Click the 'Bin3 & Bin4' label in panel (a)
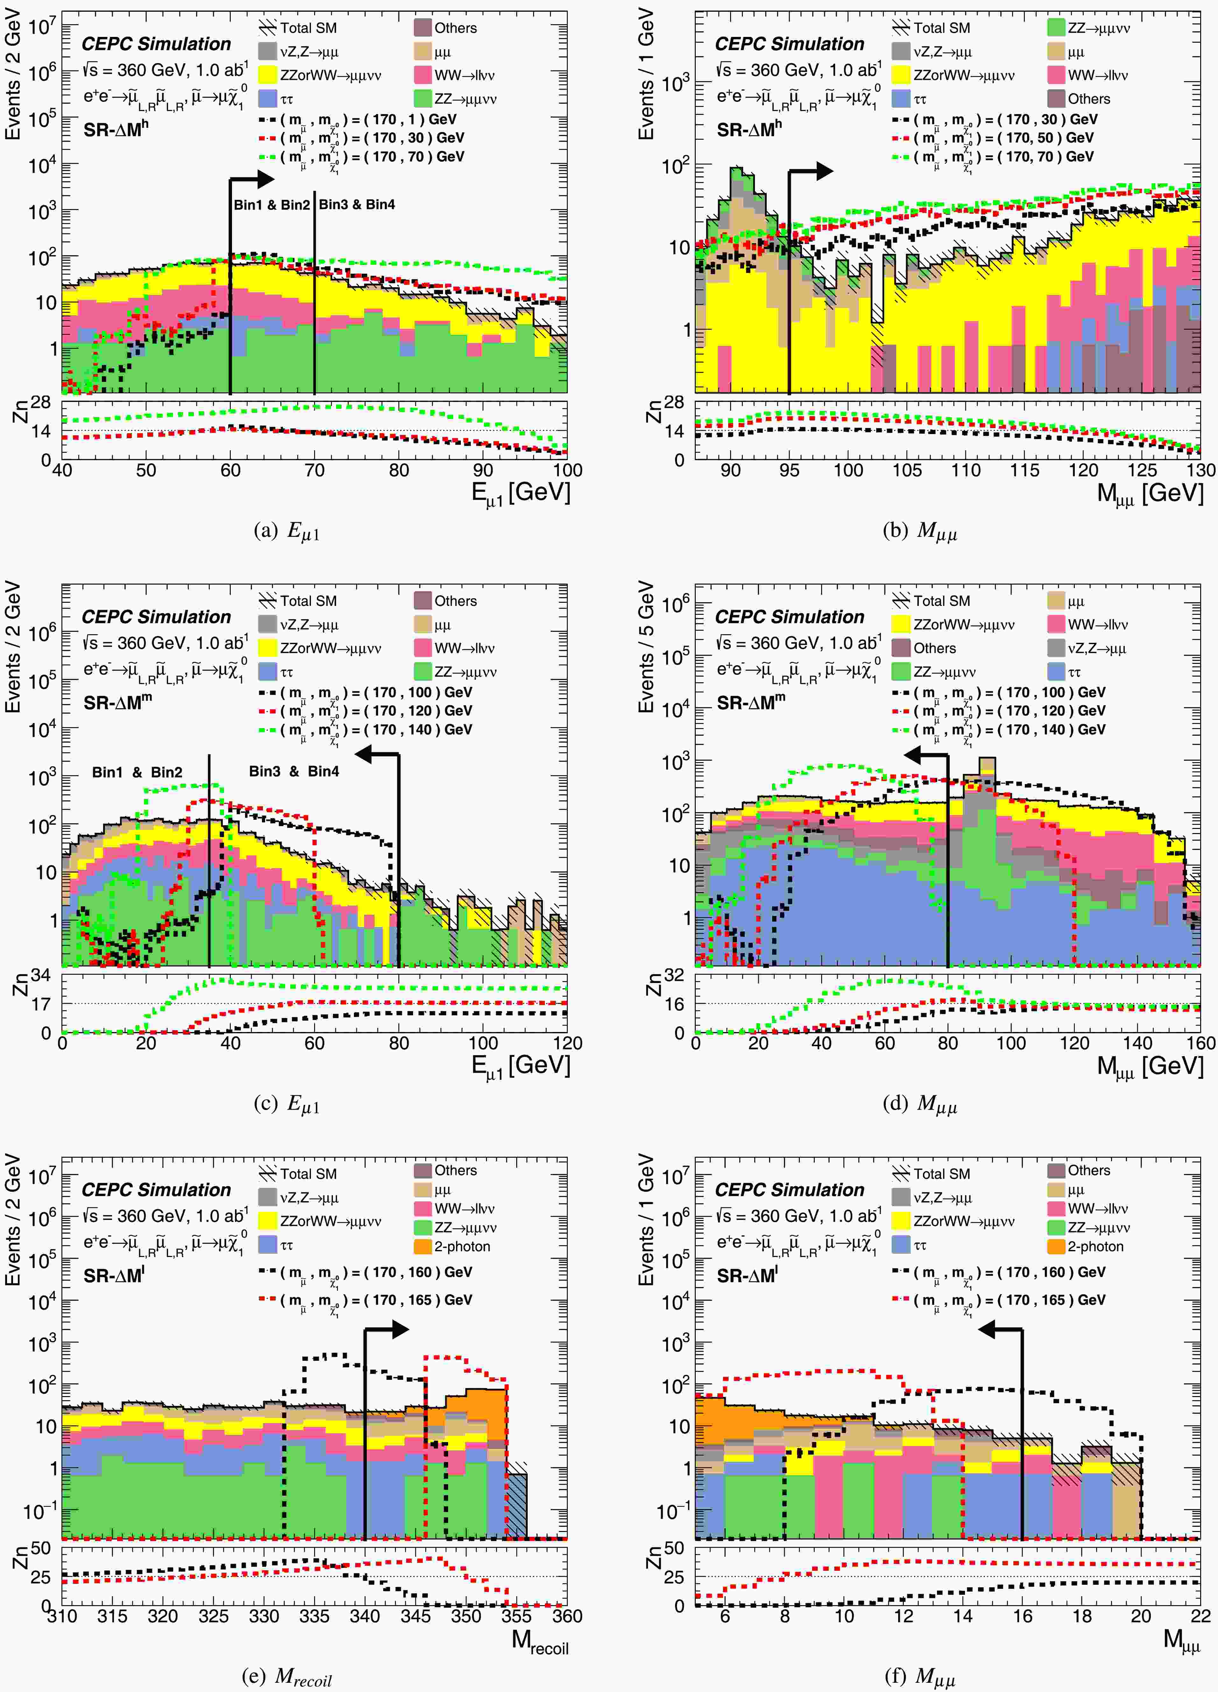357,204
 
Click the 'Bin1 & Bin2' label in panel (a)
272,204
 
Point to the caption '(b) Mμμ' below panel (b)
919,530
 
